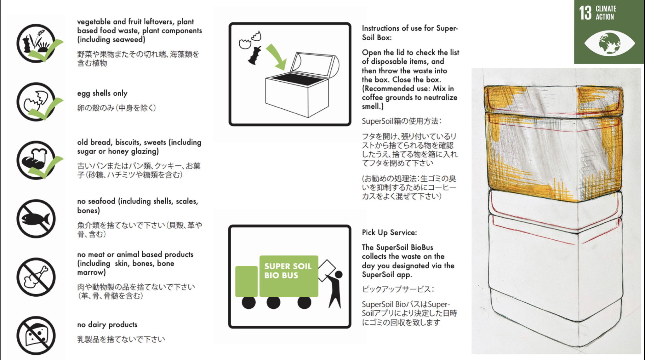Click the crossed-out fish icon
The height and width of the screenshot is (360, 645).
pos(36,218)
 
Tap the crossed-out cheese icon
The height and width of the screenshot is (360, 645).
pos(36,335)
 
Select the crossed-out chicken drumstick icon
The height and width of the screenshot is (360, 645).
pos(36,277)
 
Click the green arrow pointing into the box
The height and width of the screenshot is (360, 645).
pos(277,57)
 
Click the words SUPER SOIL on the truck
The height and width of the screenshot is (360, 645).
pos(288,266)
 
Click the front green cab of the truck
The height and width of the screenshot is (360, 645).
pos(246,281)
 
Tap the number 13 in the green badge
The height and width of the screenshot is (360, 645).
pos(585,13)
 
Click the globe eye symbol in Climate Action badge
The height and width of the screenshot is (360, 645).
pos(609,43)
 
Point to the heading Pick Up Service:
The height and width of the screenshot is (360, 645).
pos(389,232)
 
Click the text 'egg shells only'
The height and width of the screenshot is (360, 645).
pos(102,93)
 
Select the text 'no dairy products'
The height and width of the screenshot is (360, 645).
pos(107,324)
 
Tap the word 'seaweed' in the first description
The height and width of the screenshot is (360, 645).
pos(130,39)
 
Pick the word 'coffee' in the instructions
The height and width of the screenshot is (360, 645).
pos(372,97)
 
